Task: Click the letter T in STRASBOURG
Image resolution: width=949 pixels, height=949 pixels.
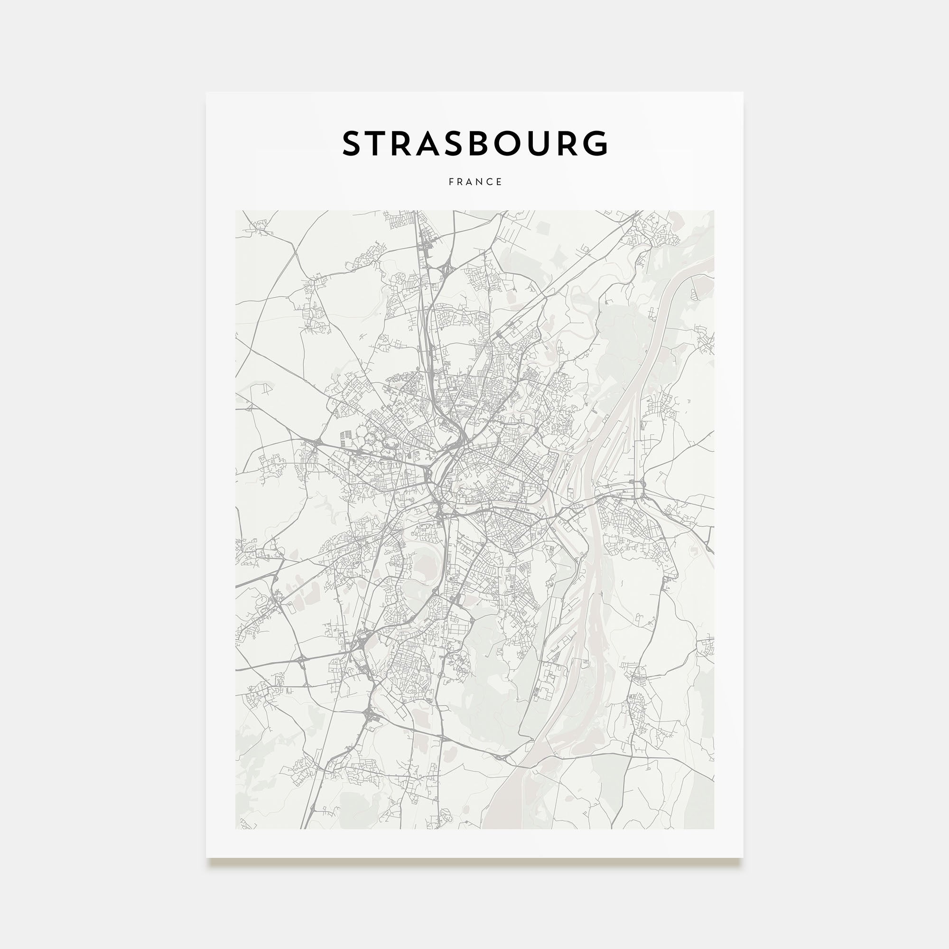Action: click(x=379, y=143)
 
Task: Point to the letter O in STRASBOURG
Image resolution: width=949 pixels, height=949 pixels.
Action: click(x=517, y=143)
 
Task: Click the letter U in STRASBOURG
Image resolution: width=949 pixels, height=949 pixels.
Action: click(x=547, y=143)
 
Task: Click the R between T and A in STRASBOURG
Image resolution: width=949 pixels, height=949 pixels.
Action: click(x=406, y=143)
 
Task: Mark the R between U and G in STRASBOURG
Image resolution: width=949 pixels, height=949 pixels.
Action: click(x=572, y=143)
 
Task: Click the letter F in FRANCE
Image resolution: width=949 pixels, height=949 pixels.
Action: click(x=451, y=182)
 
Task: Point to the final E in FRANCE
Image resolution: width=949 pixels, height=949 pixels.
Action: click(x=500, y=182)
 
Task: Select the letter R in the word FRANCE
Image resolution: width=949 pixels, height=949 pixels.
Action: click(x=460, y=182)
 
